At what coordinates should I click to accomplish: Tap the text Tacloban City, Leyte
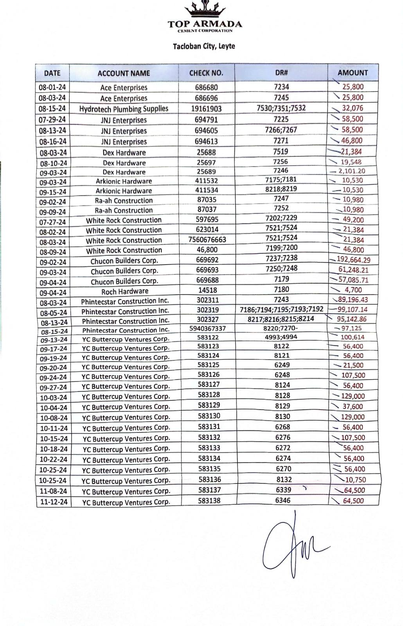(204, 46)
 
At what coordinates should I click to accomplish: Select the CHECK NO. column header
(206, 73)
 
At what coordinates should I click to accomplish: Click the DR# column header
(281, 72)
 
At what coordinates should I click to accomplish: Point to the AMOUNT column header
(353, 72)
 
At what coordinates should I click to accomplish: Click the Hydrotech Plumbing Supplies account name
(124, 109)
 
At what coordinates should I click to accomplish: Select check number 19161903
(206, 109)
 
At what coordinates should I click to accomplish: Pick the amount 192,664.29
(353, 260)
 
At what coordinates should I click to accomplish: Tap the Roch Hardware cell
(125, 291)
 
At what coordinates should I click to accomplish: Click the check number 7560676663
(207, 239)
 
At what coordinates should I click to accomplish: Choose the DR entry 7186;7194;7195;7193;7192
(281, 309)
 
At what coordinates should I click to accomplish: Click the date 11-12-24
(54, 502)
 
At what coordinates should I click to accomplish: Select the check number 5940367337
(207, 328)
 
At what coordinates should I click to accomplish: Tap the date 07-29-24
(52, 119)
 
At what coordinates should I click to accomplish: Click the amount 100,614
(353, 337)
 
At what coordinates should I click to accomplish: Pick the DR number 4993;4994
(281, 337)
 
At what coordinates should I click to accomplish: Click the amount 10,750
(355, 480)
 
